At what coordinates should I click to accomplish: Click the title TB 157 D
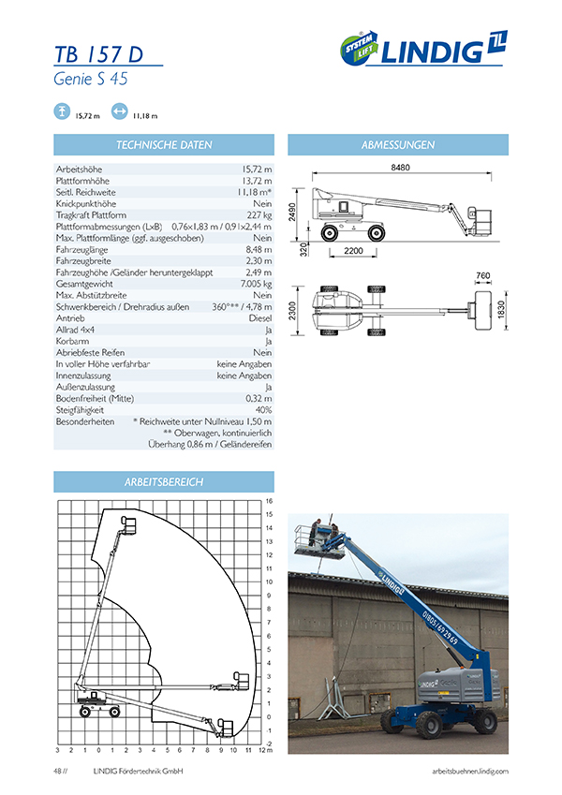98,54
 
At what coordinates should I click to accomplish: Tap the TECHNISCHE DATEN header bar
164,145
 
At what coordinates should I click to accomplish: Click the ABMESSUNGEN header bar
397,145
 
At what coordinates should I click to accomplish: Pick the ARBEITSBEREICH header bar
164,481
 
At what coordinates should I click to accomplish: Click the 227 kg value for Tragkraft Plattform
257,214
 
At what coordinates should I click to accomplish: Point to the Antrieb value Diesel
259,317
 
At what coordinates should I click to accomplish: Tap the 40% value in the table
263,409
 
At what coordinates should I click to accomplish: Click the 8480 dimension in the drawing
401,168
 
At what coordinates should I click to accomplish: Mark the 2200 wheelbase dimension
353,252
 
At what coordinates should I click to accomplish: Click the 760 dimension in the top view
483,275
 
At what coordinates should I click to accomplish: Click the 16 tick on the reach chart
268,501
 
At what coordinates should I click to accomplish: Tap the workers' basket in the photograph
317,537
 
